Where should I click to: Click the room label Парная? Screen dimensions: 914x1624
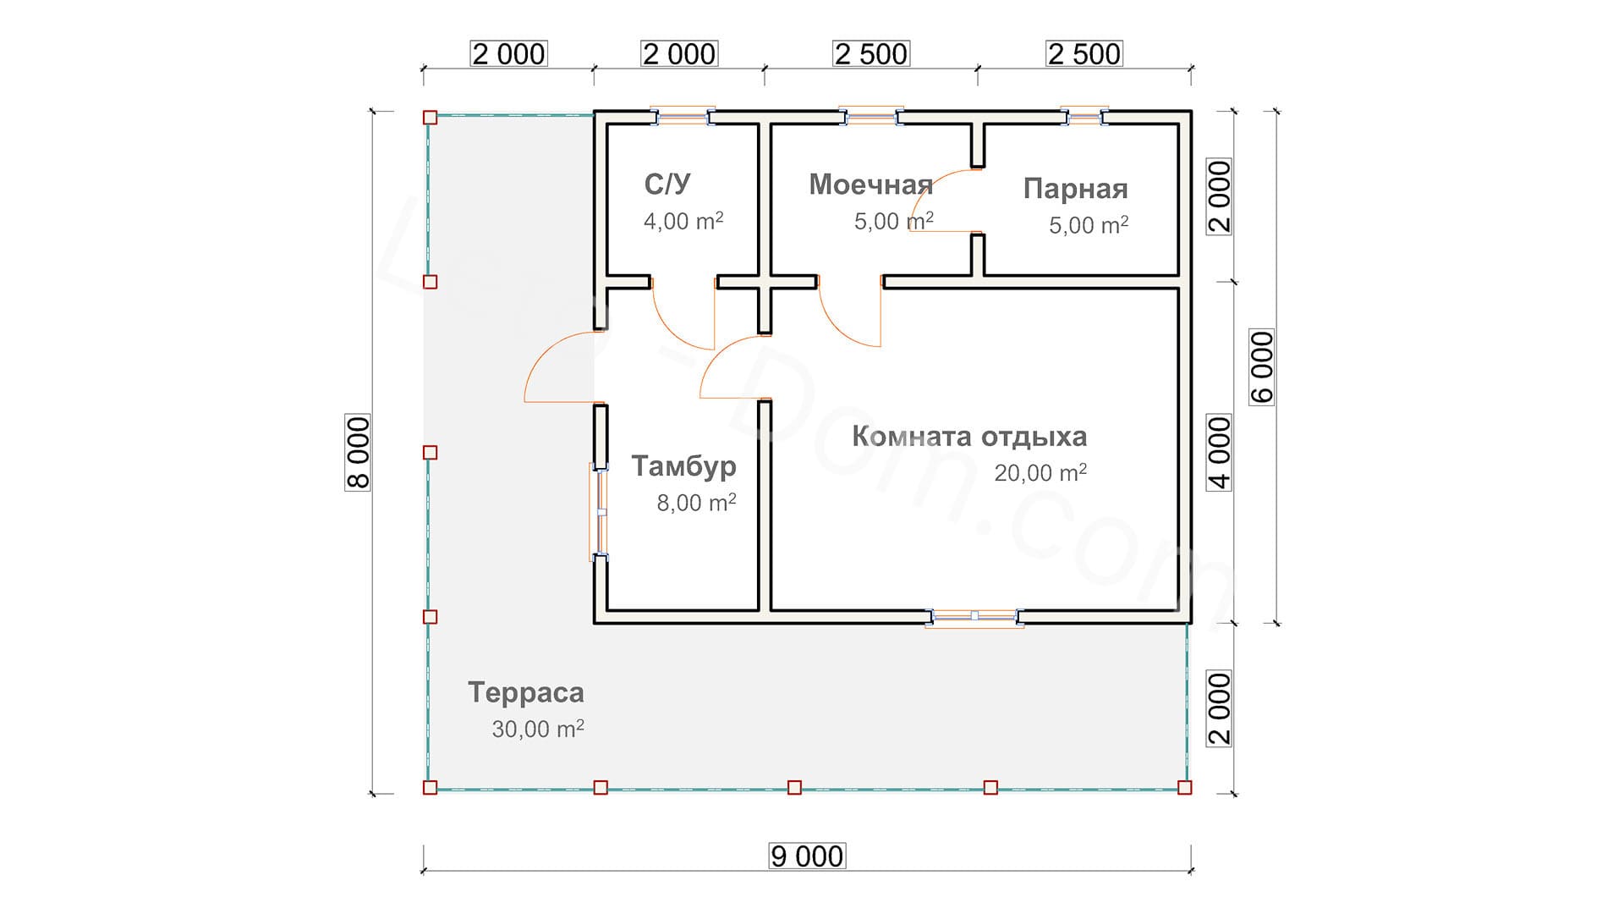1075,189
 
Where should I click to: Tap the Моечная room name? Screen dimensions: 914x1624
870,184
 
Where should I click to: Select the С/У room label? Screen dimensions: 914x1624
667,184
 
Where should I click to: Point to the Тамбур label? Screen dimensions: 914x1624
683,466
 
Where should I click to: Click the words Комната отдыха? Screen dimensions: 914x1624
969,437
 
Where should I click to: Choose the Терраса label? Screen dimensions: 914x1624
526,693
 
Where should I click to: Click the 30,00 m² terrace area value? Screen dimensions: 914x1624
538,729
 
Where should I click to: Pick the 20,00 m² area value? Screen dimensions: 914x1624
1040,472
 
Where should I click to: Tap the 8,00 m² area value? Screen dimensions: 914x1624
696,503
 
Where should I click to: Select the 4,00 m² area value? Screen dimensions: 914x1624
683,221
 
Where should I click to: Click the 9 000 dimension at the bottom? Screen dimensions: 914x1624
807,856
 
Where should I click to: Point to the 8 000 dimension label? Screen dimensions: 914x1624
358,452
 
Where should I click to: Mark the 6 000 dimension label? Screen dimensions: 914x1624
1261,367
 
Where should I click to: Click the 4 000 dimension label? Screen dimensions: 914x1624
1219,452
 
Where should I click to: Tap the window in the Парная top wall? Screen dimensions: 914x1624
1084,117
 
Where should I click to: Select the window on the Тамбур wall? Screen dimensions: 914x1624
599,512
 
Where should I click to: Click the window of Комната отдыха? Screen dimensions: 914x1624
974,617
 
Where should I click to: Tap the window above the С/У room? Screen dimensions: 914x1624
683,117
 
